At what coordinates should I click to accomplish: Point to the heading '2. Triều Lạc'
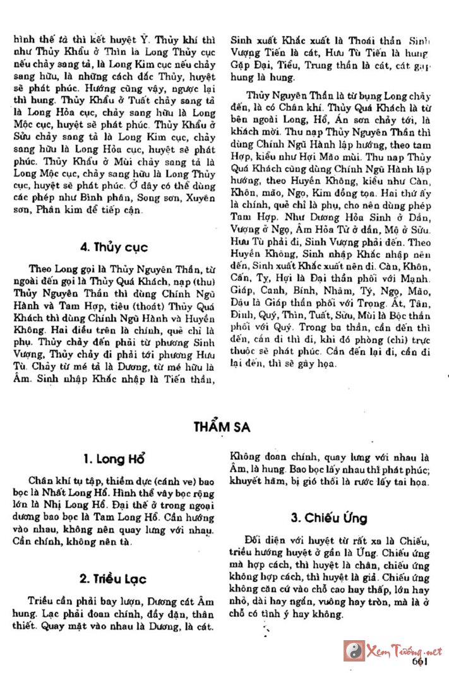pos(114,578)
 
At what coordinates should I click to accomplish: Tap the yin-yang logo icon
pos(354,650)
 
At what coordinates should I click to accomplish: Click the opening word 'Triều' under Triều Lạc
pos(40,600)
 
